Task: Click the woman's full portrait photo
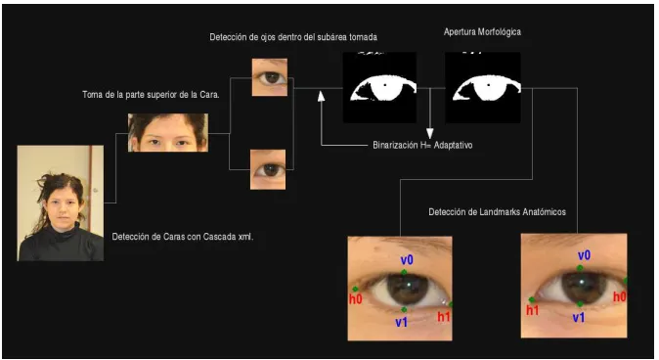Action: point(61,203)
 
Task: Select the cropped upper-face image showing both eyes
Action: point(168,132)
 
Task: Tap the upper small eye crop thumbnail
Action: point(270,77)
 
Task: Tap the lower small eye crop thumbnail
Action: point(268,169)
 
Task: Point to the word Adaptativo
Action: point(453,145)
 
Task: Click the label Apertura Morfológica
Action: point(482,32)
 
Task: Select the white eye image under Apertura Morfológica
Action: point(483,87)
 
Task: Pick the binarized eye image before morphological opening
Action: point(380,87)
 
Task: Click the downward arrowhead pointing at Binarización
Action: point(429,134)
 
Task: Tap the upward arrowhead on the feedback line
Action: point(321,96)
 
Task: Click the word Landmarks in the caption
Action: point(498,212)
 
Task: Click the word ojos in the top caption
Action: point(268,37)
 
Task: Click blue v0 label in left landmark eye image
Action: point(407,260)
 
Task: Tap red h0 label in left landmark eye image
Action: point(356,299)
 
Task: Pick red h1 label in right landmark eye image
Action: point(533,310)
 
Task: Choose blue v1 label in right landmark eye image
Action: point(579,318)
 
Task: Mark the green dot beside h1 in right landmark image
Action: point(532,299)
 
